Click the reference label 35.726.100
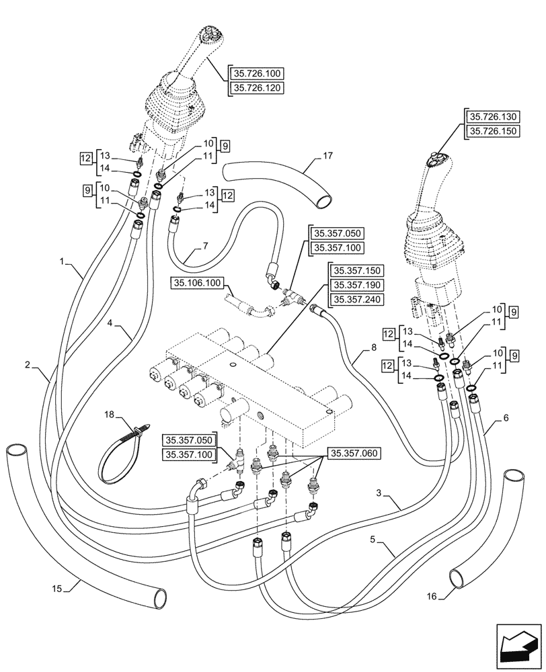pyautogui.click(x=258, y=74)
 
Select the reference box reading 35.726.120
pyautogui.click(x=258, y=88)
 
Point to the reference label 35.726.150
pyautogui.click(x=493, y=131)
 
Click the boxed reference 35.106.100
pyautogui.click(x=196, y=283)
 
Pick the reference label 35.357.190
pyautogui.click(x=356, y=286)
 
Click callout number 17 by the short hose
pyautogui.click(x=327, y=157)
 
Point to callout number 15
pyautogui.click(x=58, y=589)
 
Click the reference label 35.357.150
pyautogui.click(x=356, y=271)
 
